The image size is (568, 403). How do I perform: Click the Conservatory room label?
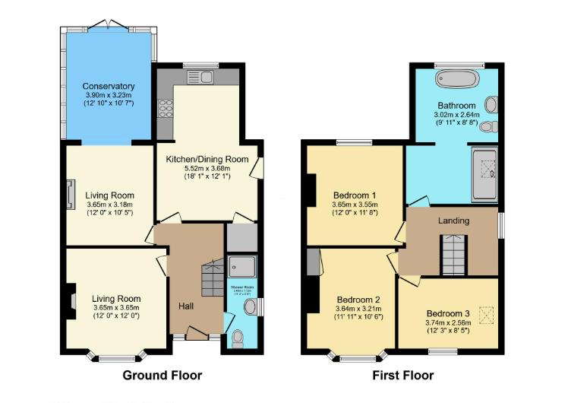[109, 86]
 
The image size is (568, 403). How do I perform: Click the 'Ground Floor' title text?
[163, 375]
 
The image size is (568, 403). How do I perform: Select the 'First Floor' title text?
[402, 375]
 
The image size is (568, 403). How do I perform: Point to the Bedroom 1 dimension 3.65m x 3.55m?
[355, 205]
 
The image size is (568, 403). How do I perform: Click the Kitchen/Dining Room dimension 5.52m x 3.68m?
[207, 168]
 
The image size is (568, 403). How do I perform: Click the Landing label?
[453, 221]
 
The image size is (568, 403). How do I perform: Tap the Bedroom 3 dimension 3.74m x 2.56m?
[448, 322]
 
